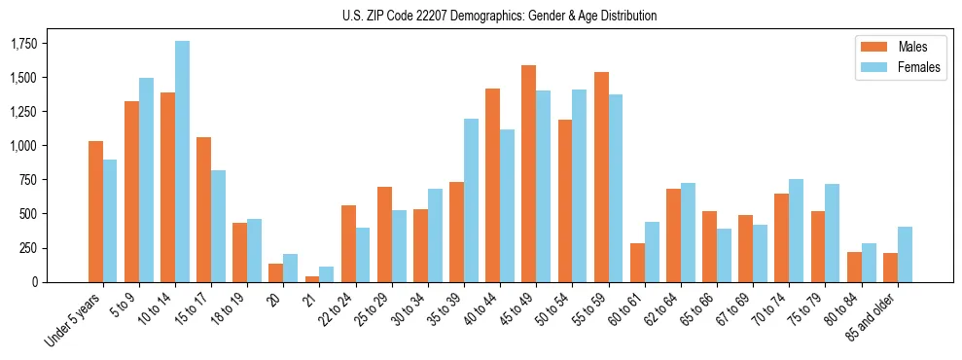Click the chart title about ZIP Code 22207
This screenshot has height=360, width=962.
click(499, 16)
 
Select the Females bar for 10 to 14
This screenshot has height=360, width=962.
click(182, 162)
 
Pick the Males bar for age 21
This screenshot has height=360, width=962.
click(312, 278)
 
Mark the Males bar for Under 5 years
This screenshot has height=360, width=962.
click(95, 211)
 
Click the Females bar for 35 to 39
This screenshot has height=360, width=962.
click(471, 200)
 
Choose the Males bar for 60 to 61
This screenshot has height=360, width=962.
click(637, 263)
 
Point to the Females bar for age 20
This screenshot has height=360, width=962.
click(290, 268)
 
